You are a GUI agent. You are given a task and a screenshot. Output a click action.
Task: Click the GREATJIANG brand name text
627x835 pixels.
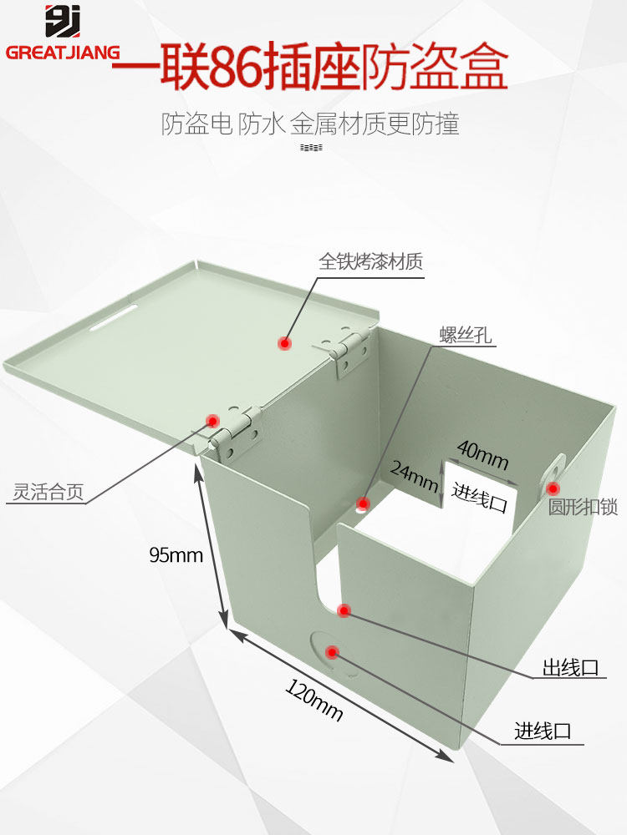pos(63,52)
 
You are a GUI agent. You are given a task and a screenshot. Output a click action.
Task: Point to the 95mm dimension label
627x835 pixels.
pos(176,554)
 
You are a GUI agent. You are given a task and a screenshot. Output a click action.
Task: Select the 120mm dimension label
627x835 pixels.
pos(314,701)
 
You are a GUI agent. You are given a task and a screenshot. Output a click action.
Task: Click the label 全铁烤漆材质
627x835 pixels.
pos(370,261)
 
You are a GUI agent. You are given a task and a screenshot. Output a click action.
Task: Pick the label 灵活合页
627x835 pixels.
pos(49,492)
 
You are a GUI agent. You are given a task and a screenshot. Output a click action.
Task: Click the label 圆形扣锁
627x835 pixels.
pos(583,507)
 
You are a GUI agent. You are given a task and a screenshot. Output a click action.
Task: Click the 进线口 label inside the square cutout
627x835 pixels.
pos(480,492)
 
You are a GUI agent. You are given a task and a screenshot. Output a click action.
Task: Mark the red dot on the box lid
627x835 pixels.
pos(284,342)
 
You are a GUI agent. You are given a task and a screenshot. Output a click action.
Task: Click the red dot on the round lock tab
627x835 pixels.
pos(553,488)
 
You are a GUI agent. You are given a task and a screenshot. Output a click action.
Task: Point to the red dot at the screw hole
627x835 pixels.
pos(363,504)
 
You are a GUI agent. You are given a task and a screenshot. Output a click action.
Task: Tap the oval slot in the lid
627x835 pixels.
pos(116,318)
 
